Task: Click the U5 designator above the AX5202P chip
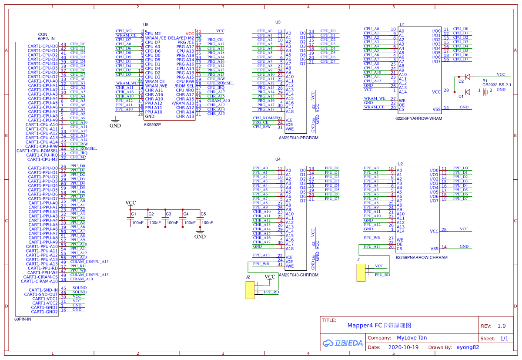click(x=146, y=25)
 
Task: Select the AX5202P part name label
click(x=152, y=124)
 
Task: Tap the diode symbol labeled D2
click(x=467, y=77)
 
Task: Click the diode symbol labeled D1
click(x=467, y=92)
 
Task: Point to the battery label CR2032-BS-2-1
click(x=496, y=85)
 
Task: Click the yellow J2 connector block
click(x=250, y=290)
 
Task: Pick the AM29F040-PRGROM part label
click(x=298, y=138)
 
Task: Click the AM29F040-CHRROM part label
click(x=298, y=275)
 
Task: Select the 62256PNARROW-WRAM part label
click(x=418, y=118)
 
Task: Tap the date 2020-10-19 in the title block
click(x=403, y=347)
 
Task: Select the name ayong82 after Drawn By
click(x=468, y=347)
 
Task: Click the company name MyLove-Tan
click(x=412, y=338)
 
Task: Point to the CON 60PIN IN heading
click(x=43, y=37)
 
